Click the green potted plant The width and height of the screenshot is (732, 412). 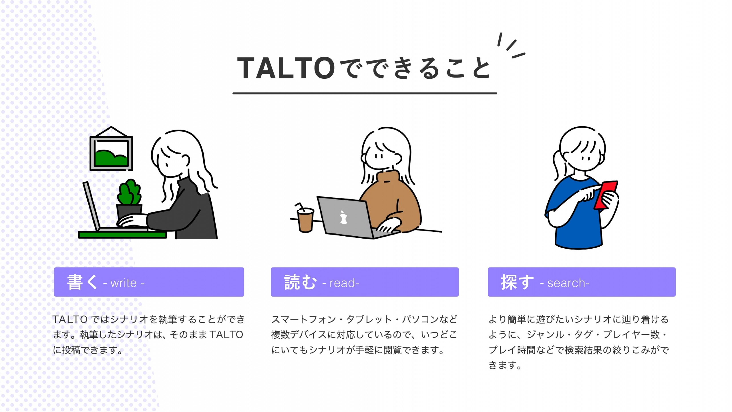[129, 192]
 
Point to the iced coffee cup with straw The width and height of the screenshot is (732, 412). [305, 220]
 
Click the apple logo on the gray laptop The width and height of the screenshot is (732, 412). [343, 217]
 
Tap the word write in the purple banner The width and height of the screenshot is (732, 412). [124, 283]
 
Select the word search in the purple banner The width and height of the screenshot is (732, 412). [566, 283]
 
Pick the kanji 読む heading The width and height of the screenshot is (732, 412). [300, 282]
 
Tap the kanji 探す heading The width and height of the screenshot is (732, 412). [517, 282]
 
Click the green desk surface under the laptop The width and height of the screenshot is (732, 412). [122, 235]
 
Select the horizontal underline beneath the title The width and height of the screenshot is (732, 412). [365, 93]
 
